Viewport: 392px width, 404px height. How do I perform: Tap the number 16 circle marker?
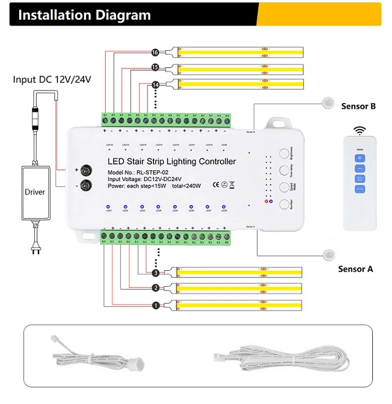coord(155,52)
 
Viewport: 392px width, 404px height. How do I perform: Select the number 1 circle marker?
coord(155,305)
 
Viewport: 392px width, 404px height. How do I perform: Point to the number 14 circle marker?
coord(155,85)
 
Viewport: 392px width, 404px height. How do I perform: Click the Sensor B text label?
coord(358,106)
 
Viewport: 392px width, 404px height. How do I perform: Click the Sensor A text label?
coord(355,269)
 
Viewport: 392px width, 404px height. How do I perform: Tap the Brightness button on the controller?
coord(285,154)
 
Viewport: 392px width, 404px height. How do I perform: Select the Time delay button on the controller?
coord(285,170)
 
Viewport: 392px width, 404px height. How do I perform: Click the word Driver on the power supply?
coord(35,192)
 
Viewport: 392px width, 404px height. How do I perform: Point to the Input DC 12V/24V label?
coord(52,79)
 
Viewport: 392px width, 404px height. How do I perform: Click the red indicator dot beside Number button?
coord(267,201)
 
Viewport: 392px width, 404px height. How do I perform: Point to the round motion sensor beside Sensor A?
coord(328,255)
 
